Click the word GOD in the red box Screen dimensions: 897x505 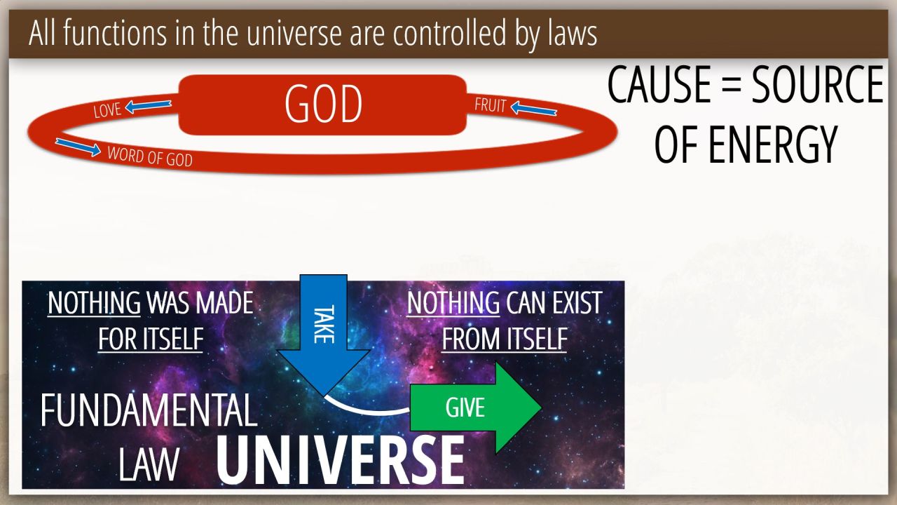point(323,104)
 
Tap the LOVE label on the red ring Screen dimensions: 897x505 point(107,110)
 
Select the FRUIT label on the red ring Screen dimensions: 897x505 point(491,105)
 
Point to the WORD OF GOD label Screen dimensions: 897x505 point(150,156)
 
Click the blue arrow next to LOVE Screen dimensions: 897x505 point(148,106)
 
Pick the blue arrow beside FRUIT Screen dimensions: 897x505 point(534,108)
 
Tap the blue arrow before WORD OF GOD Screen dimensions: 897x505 point(78,147)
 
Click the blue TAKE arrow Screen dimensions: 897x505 point(323,335)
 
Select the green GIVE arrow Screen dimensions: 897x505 point(476,408)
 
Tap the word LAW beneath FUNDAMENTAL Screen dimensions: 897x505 point(149,464)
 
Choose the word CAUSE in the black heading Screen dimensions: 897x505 point(659,85)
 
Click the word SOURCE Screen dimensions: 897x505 point(817,85)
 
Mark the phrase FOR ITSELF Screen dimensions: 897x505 point(151,339)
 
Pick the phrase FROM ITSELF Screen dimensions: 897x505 point(505,339)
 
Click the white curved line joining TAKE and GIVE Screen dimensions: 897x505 point(364,409)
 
